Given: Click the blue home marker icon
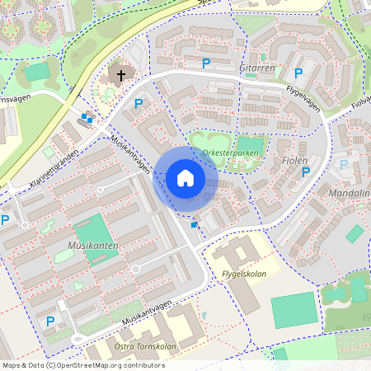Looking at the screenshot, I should coord(185,178).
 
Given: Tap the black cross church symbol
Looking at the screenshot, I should coord(120,76).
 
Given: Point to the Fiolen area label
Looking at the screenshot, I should coord(294,161).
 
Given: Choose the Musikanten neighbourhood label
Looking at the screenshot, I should coord(93,246).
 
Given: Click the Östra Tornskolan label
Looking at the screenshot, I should coord(146,347).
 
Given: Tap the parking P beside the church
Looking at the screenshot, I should coord(139,105).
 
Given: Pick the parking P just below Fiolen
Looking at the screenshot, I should coord(306,171).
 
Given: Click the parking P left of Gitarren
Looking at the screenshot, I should coord(205,63).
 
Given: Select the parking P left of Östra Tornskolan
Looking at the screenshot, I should coord(50,321).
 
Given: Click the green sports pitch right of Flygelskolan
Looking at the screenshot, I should coord(294,308).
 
